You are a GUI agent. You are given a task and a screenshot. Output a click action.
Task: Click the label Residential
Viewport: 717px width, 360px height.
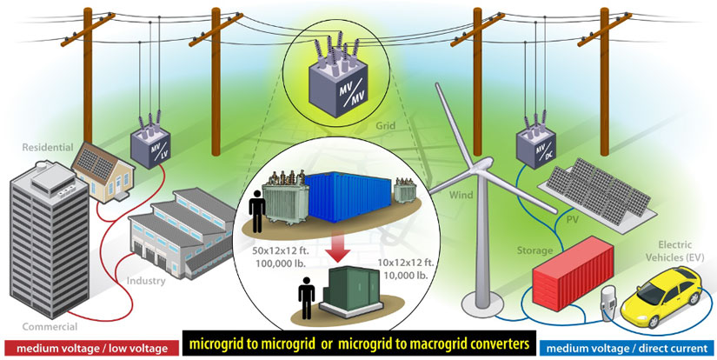(x=43, y=149)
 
